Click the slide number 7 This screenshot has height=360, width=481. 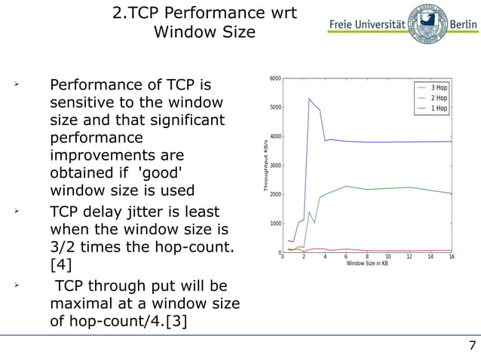pos(472,346)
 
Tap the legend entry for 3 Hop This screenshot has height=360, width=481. pos(438,87)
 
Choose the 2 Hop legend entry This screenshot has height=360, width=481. pos(438,98)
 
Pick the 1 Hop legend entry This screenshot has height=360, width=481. pos(438,108)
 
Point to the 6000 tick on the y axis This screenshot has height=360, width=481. pos(275,78)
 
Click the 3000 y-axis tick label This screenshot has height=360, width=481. pos(275,166)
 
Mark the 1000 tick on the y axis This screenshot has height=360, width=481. pos(275,224)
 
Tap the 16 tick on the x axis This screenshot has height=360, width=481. pos(451,258)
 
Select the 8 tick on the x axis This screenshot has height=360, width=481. pos(367,258)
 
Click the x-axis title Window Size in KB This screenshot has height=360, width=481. pos(367,264)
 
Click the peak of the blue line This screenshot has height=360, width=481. pos(309,99)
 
